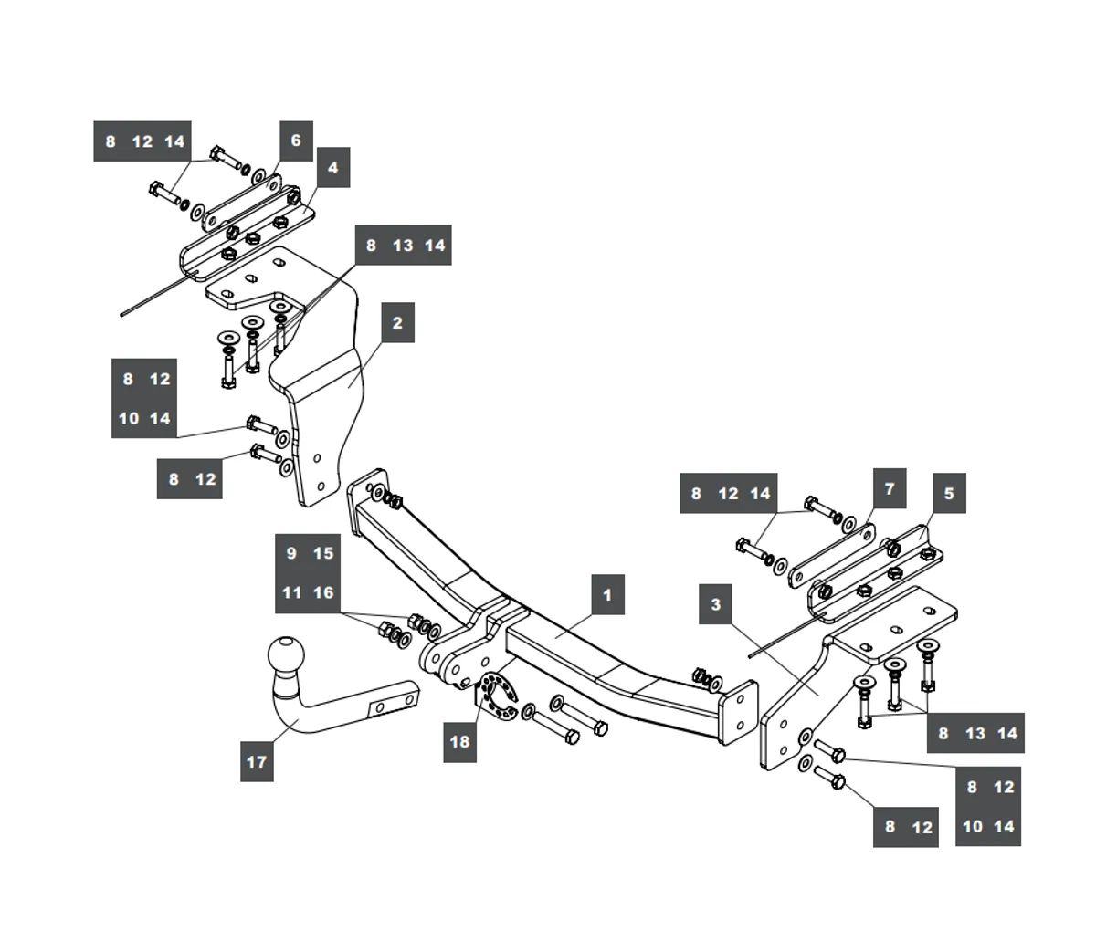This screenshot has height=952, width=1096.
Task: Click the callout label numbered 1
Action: tap(607, 596)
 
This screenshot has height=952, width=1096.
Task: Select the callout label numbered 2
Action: tap(397, 322)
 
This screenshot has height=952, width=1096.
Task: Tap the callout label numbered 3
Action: tap(715, 604)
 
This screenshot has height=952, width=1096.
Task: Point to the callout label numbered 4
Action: tap(332, 168)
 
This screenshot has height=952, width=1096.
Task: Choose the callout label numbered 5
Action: tap(949, 494)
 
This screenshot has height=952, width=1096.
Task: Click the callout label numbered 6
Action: tap(295, 141)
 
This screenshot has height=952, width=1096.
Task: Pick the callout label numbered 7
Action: tap(890, 488)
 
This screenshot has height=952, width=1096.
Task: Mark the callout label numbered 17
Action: tap(257, 760)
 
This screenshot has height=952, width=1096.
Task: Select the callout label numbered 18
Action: tap(459, 741)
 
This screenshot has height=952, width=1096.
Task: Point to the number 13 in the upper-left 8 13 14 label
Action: tap(403, 245)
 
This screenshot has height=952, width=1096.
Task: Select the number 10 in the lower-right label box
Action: tap(973, 826)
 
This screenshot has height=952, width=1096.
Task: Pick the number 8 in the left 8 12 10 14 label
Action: tap(128, 379)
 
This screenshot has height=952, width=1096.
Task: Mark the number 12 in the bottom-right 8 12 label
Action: tap(922, 828)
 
